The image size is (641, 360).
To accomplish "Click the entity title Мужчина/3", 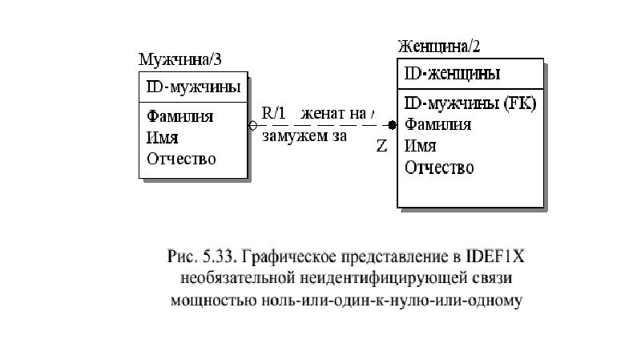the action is (179, 59).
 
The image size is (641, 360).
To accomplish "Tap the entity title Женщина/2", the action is (439, 47).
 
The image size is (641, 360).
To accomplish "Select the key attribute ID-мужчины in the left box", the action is (193, 87).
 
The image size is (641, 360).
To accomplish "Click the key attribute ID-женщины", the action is (452, 74).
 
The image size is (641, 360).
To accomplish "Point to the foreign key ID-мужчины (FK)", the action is (470, 103).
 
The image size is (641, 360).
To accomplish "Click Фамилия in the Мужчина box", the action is (179, 116).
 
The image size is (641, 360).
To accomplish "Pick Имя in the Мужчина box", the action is (163, 138).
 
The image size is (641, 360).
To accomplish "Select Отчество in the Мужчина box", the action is (181, 159).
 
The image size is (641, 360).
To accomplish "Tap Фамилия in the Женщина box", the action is (437, 124).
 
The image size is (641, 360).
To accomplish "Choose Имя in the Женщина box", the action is (420, 146).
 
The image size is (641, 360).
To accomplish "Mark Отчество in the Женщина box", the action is (439, 168).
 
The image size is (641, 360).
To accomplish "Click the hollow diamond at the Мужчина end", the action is (253, 125).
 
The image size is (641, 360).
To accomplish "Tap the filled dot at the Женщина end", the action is (392, 125).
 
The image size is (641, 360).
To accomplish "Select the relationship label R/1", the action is (273, 113).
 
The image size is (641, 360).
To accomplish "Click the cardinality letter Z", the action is (381, 146).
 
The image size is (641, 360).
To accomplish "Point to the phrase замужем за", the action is (304, 136).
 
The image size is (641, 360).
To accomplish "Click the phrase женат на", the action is (333, 114).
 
